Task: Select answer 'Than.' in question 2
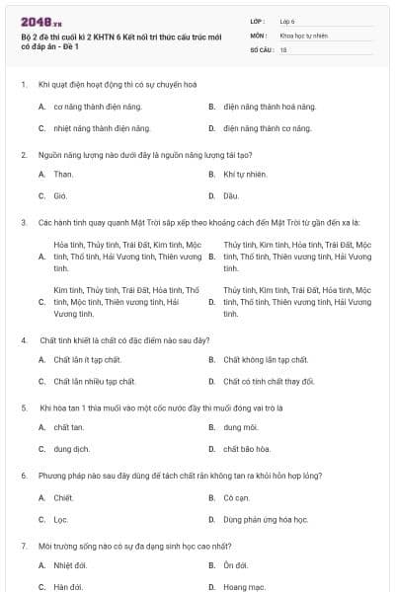click(63, 174)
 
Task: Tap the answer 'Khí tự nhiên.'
click(245, 174)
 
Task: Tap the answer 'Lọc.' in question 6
click(61, 519)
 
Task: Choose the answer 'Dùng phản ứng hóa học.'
click(266, 519)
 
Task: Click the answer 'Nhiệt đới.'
click(70, 565)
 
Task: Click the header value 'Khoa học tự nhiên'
click(301, 35)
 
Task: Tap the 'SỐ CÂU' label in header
click(260, 48)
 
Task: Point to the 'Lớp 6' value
click(287, 20)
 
